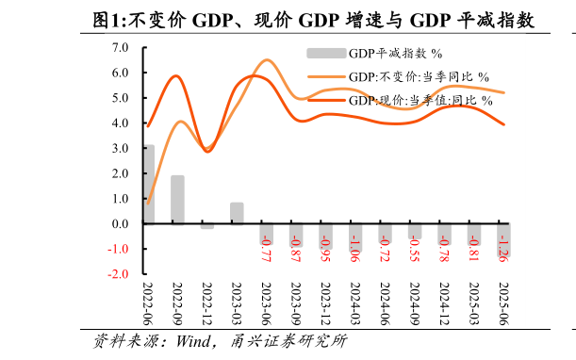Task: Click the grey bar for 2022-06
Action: tap(148, 185)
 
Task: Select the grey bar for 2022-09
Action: tap(177, 200)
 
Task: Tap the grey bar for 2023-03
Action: tap(237, 213)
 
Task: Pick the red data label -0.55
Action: tap(414, 248)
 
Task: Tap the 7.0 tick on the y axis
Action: tap(120, 47)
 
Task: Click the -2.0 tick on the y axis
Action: tap(118, 274)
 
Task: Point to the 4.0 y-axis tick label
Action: tap(120, 123)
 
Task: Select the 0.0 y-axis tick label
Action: tap(120, 224)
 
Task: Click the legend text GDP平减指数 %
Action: tap(395, 54)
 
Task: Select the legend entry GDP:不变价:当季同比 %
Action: tap(419, 76)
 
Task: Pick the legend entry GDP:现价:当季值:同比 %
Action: tap(420, 99)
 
